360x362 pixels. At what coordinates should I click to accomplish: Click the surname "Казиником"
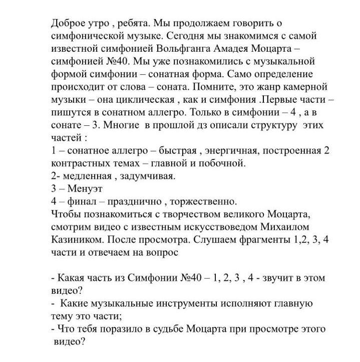(78, 240)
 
